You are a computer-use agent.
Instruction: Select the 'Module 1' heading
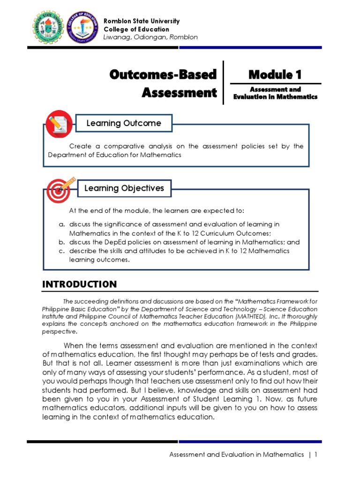coord(275,74)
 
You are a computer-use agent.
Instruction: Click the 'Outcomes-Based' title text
coord(163,74)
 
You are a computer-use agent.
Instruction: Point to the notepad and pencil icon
coord(59,124)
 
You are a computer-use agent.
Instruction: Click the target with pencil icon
coord(59,188)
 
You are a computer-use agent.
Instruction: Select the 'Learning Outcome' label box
coord(123,123)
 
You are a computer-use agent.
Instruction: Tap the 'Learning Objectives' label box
coord(124,188)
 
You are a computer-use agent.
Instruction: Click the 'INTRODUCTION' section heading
coord(79,284)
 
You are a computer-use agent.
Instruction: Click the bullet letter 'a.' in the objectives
coord(61,225)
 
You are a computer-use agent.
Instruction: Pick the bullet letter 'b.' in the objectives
coord(61,242)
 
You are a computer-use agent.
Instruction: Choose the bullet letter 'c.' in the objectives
coord(61,251)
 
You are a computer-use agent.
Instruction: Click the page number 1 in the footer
coord(316,454)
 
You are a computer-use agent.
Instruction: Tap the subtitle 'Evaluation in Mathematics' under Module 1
coord(275,97)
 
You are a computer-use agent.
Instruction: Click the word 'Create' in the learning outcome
coord(79,146)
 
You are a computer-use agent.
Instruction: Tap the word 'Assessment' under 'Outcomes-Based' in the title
coord(179,92)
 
